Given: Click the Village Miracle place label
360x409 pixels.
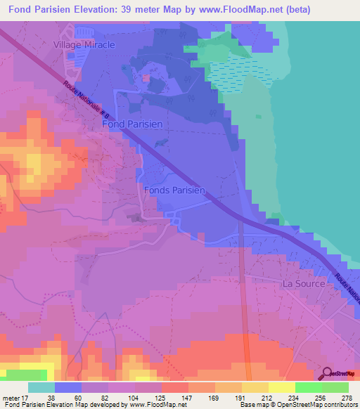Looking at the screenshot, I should (x=84, y=44).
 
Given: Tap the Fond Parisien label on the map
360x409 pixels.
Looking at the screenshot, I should (x=132, y=124).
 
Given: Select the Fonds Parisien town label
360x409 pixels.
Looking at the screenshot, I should (x=174, y=190).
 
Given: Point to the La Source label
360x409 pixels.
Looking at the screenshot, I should (x=304, y=284).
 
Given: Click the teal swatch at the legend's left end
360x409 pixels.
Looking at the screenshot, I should (x=41, y=387).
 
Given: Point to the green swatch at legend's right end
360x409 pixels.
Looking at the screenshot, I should (x=335, y=387).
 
